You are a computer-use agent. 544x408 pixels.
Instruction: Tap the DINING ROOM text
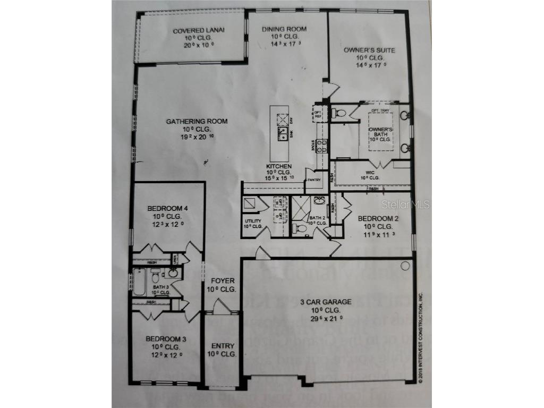284,29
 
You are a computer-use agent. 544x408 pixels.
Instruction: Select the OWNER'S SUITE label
369,50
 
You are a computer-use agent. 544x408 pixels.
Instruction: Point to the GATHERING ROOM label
197,122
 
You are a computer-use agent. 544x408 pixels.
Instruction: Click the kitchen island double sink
283,133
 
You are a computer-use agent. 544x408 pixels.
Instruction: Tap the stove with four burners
321,145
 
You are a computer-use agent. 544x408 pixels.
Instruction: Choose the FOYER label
222,281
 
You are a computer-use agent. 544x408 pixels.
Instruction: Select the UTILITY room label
253,220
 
